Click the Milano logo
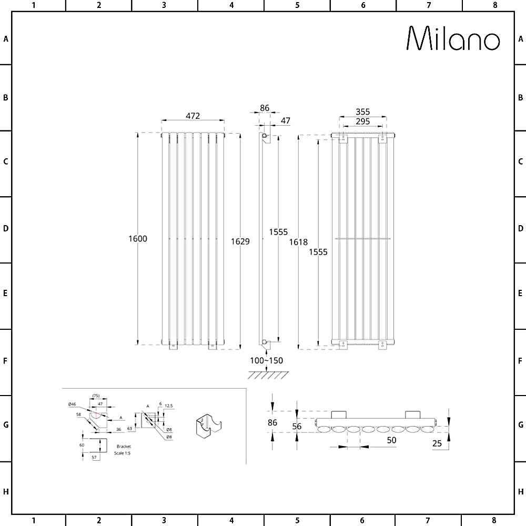(453, 38)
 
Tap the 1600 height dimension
(138, 239)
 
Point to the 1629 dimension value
(240, 241)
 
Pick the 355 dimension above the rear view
(362, 112)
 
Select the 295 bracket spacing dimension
(362, 122)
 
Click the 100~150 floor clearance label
(267, 360)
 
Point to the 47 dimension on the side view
(285, 120)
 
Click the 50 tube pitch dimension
(391, 440)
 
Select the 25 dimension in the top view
(437, 443)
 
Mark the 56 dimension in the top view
(297, 427)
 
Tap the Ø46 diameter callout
(72, 404)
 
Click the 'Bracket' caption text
(123, 447)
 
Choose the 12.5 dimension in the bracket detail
(168, 406)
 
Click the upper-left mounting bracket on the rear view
(342, 138)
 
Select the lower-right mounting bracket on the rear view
(383, 345)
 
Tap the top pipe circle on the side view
(265, 137)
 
